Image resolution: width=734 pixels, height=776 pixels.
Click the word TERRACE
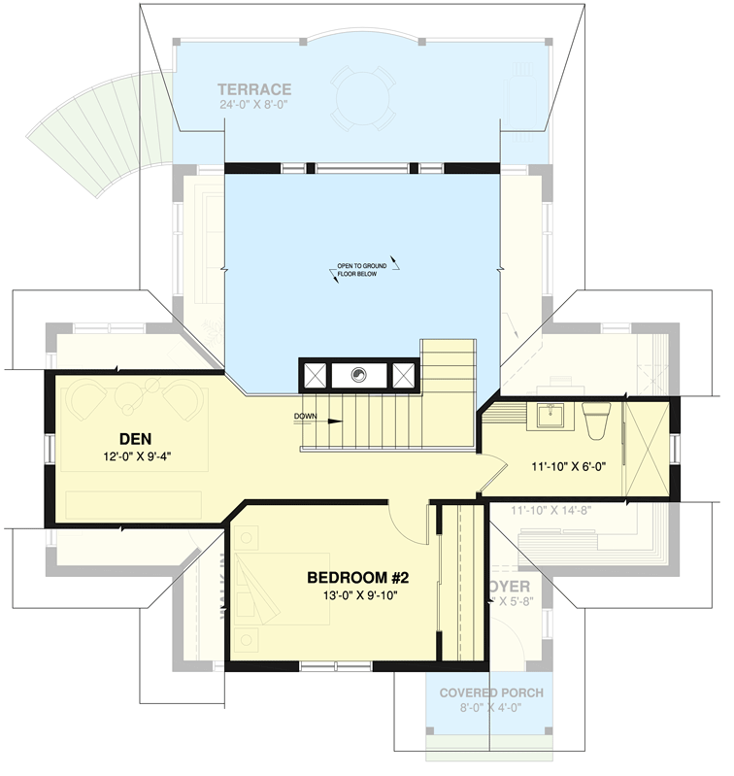pyautogui.click(x=255, y=90)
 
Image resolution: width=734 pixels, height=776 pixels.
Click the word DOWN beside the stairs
pyautogui.click(x=307, y=418)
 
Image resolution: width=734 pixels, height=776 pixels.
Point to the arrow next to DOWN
pyautogui.click(x=331, y=422)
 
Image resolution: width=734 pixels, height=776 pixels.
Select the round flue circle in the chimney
pyautogui.click(x=358, y=374)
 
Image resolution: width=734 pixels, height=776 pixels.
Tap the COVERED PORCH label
pyautogui.click(x=491, y=693)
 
